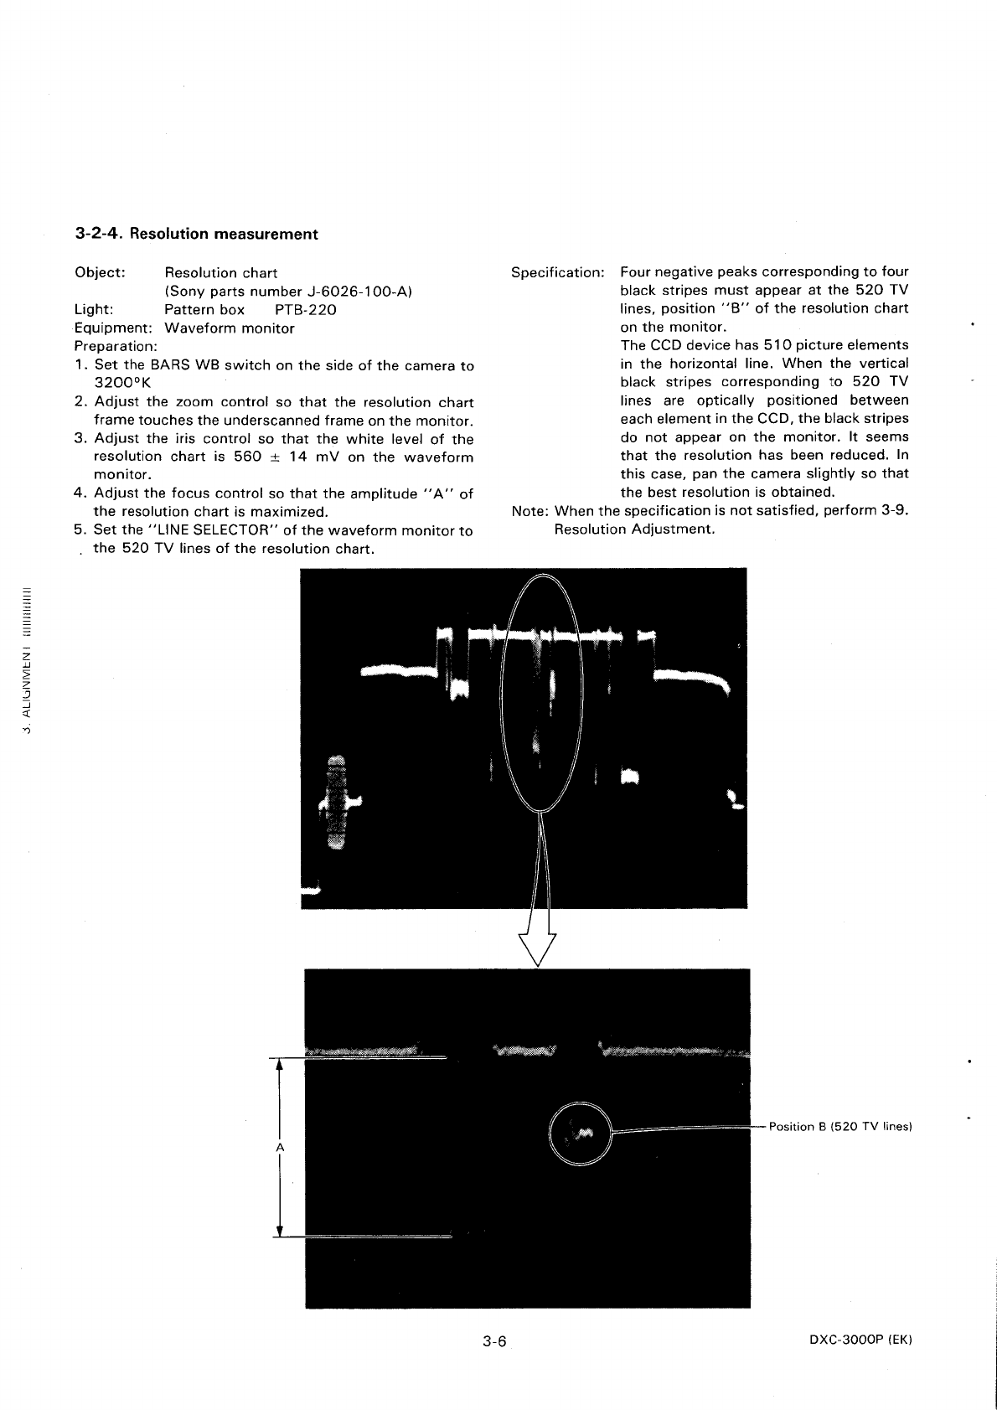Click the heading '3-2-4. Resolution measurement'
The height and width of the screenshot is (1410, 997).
pyautogui.click(x=196, y=234)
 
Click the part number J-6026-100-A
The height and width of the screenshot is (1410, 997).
pyautogui.click(x=358, y=292)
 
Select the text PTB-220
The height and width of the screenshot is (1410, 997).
pyautogui.click(x=306, y=310)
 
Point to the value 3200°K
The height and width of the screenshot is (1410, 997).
pyautogui.click(x=122, y=384)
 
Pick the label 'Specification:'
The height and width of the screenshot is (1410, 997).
pyautogui.click(x=558, y=273)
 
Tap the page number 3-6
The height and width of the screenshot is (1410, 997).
pyautogui.click(x=495, y=1341)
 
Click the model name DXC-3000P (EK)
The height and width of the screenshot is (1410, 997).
pyautogui.click(x=860, y=1340)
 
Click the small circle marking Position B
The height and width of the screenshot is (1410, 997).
pyautogui.click(x=580, y=1132)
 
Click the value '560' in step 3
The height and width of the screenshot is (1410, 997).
pyautogui.click(x=248, y=457)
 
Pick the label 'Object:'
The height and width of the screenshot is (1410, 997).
pyautogui.click(x=100, y=273)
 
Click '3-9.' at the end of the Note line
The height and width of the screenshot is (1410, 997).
pyautogui.click(x=895, y=511)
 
